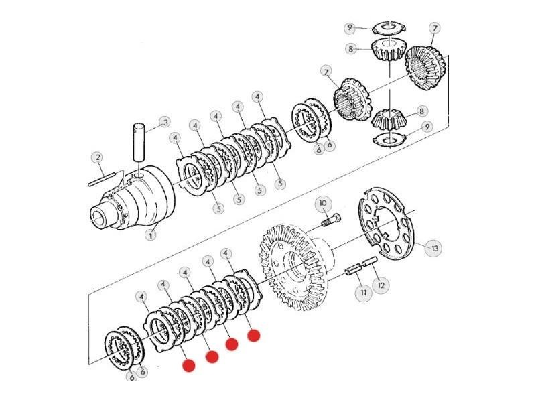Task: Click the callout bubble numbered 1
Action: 151,235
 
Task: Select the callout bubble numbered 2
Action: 98,157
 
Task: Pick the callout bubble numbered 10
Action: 323,204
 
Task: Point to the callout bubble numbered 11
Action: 364,293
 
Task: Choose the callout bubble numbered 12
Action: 381,285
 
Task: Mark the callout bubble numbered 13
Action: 434,248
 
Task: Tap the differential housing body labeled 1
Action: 137,199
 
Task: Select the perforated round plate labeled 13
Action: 386,223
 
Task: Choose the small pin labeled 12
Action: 370,261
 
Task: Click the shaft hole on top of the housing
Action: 139,175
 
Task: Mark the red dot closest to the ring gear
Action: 254,336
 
